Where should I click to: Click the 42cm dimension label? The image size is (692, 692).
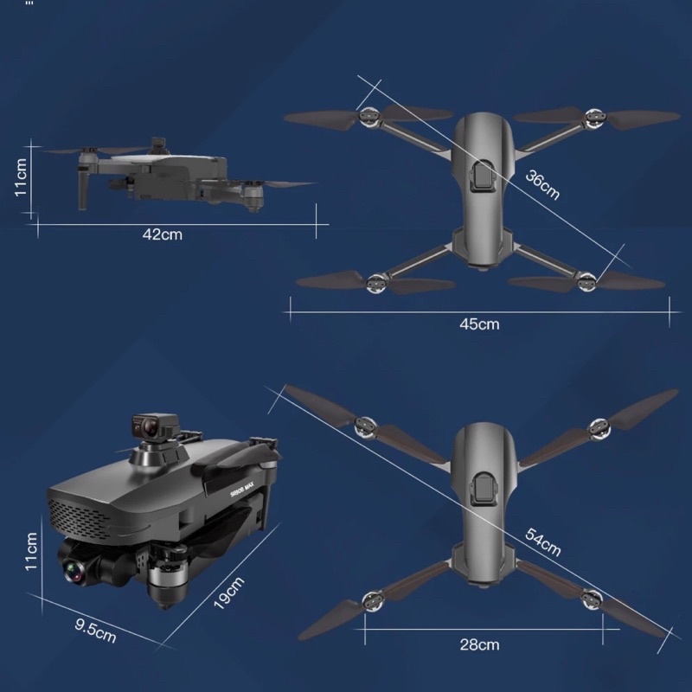coord(162,234)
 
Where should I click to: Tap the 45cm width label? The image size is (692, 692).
coord(479,324)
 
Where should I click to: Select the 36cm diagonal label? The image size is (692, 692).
coord(542,185)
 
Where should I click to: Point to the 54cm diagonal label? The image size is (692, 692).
coord(543,542)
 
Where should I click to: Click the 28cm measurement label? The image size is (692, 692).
coord(479,644)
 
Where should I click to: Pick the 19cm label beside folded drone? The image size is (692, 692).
coord(228,593)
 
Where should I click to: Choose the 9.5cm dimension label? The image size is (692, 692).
coord(95,631)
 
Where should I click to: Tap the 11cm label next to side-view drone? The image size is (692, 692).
coord(21,177)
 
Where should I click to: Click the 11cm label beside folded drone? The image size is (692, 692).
coord(31,551)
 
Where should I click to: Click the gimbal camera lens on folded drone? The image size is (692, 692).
coord(73,572)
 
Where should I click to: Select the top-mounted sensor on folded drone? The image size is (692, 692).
coord(155,426)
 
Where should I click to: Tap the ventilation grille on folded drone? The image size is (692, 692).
coord(80,517)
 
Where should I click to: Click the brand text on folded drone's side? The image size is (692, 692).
coord(242,490)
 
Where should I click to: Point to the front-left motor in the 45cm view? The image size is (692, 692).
coord(368,117)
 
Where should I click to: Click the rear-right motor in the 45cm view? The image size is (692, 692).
coord(586,282)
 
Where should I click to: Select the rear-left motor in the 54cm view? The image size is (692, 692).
coord(372,601)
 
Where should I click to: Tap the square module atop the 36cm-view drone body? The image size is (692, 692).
coord(483,177)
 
